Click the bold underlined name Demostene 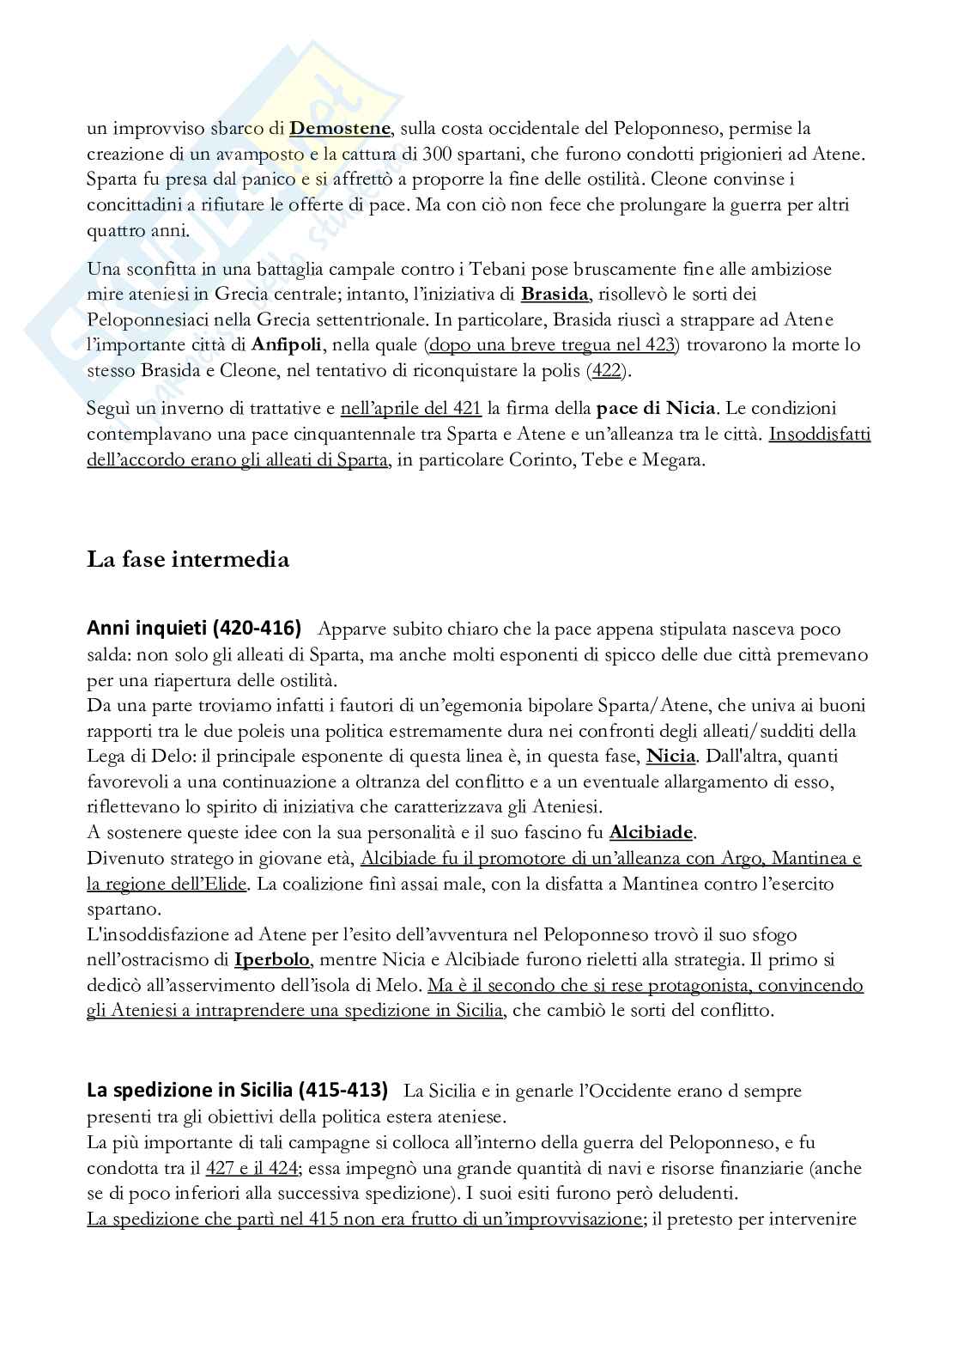(x=341, y=129)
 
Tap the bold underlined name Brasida (x=555, y=295)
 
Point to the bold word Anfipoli (x=287, y=345)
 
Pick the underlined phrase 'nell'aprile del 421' (x=410, y=408)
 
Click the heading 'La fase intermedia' (x=188, y=560)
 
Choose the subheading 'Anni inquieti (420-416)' (x=194, y=629)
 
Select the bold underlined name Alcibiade (x=651, y=832)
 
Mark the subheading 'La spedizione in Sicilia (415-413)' (x=238, y=1091)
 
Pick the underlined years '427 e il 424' (x=252, y=1168)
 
